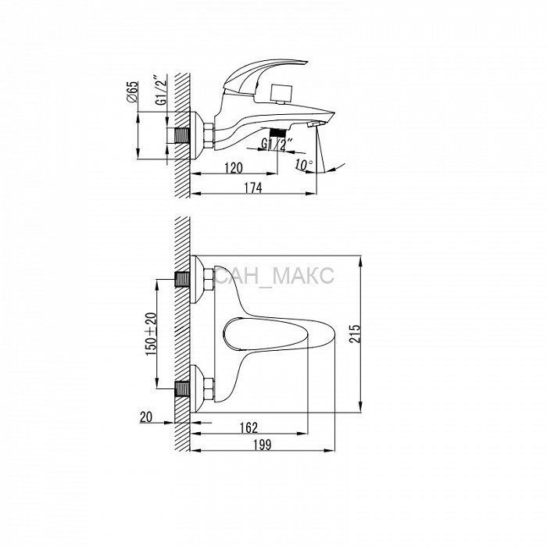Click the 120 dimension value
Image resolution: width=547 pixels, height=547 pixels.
(234, 168)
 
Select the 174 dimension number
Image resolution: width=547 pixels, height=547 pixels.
(253, 188)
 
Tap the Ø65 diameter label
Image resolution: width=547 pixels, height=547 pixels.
(133, 91)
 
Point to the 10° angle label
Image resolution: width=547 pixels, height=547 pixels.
(304, 165)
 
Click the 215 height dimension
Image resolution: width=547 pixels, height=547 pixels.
(355, 334)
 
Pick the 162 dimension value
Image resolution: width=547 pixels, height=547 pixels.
(248, 427)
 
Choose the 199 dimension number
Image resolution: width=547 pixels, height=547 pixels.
(262, 445)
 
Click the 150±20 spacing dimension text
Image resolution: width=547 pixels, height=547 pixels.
(151, 334)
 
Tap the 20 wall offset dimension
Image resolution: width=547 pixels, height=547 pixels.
(146, 417)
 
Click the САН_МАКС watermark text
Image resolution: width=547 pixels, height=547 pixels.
(274, 276)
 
